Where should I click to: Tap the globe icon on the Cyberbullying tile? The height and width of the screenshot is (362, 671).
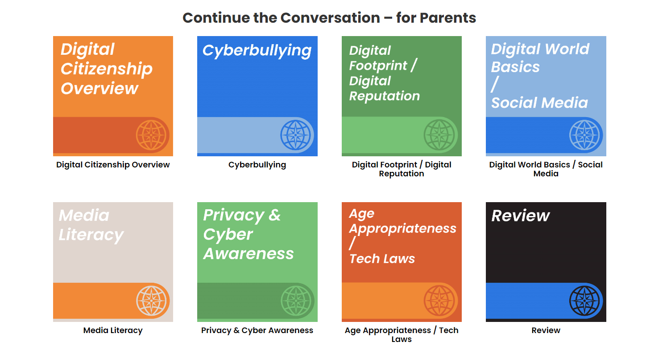tap(296, 135)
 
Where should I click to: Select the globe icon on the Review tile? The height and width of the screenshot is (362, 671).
tap(584, 301)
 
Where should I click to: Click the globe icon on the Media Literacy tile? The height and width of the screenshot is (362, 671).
tap(151, 301)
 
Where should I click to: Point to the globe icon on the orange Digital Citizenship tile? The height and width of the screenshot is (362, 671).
tap(151, 135)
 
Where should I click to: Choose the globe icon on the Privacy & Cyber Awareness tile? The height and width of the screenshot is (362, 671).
tap(296, 301)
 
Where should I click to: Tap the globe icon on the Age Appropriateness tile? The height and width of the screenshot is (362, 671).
tap(439, 301)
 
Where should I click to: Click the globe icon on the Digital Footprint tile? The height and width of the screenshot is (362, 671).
tap(439, 135)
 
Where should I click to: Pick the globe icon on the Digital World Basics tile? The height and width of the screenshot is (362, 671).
tap(584, 135)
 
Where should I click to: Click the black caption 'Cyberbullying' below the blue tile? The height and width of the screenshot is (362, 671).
tap(257, 165)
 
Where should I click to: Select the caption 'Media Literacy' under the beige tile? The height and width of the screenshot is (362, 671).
tap(113, 330)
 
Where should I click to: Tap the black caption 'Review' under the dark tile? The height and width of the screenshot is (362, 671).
tap(546, 330)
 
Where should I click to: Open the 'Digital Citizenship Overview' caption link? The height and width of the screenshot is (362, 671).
tap(113, 165)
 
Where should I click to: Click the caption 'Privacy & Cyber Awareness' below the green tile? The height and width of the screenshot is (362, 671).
tap(257, 330)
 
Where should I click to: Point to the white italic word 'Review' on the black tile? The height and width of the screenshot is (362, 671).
tap(521, 216)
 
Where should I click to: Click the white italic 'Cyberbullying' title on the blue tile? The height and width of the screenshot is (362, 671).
tap(257, 51)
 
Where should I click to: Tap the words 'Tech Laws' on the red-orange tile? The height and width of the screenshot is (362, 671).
tap(382, 259)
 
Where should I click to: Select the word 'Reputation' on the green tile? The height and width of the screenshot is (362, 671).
tap(385, 96)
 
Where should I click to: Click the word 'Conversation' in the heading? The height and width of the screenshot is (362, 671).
tap(330, 18)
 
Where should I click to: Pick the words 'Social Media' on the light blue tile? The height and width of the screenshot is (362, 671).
tap(539, 103)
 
